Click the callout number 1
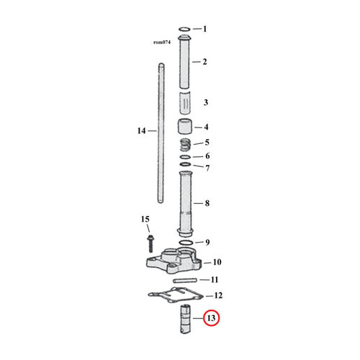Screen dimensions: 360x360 tap(204, 30)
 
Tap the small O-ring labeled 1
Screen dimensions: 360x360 tap(184, 30)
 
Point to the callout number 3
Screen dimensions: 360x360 tap(205, 102)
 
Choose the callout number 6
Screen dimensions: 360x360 tap(207, 156)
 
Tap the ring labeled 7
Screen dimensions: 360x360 tap(185, 168)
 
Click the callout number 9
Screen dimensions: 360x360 tap(207, 242)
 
